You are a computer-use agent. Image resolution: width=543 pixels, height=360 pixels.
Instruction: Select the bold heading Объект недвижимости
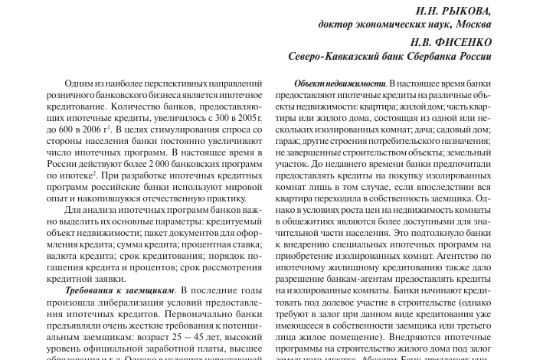339,83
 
